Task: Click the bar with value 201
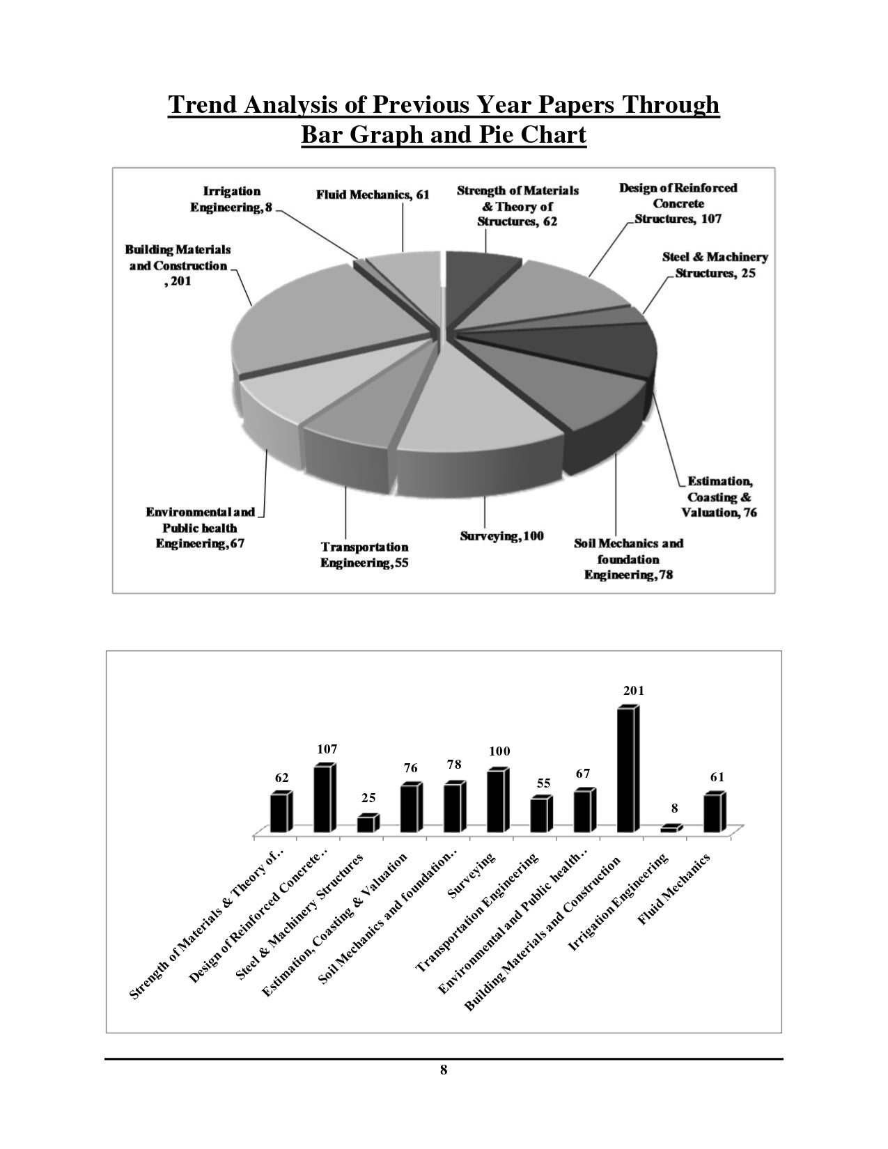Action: (626, 769)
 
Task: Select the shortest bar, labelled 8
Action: (670, 829)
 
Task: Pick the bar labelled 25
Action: (366, 824)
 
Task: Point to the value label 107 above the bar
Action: (327, 749)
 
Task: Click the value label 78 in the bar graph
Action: (454, 764)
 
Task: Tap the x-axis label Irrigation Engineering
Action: (619, 902)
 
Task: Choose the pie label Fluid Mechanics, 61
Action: (373, 195)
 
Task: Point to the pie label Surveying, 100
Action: (501, 536)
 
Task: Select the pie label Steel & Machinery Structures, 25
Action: (715, 265)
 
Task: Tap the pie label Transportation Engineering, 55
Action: (364, 555)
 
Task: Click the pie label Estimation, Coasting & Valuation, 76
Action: (721, 497)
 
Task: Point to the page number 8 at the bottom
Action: (444, 1070)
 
